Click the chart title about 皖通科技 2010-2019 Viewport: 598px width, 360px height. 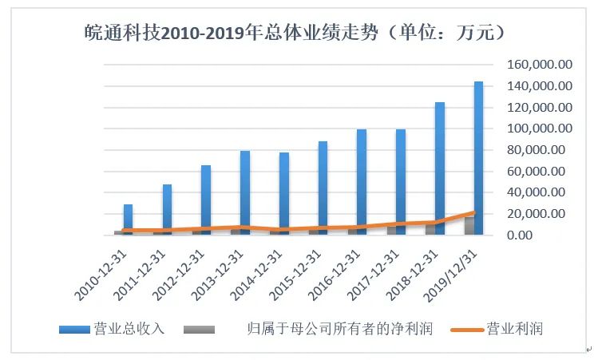[x=295, y=33]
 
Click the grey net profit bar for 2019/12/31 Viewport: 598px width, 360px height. [x=469, y=226]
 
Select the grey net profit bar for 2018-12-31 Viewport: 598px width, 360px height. [x=430, y=229]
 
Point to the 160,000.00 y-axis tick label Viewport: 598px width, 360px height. [x=540, y=64]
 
